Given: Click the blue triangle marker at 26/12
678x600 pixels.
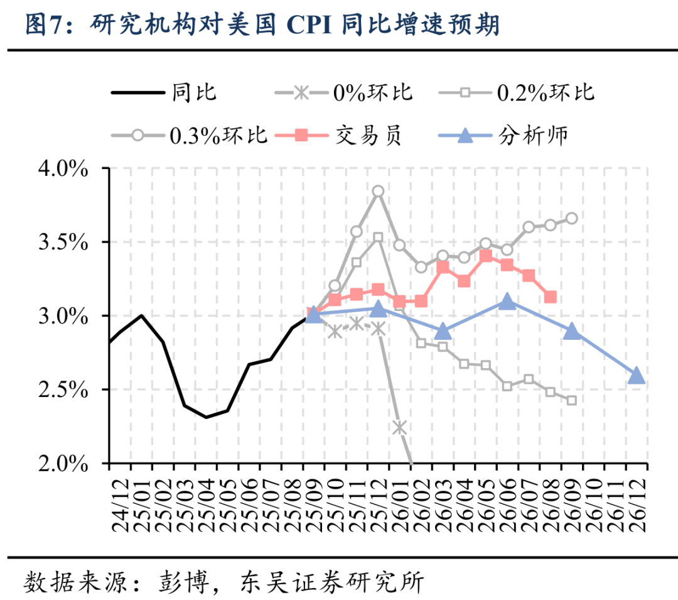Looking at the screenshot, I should coord(636,376).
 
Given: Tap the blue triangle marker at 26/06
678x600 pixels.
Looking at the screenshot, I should coord(507,302).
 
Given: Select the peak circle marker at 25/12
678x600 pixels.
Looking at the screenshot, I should coord(378,191).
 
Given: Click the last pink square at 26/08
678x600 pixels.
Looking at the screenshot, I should coord(550,297).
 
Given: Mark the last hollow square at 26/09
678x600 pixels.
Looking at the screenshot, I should coord(571,400).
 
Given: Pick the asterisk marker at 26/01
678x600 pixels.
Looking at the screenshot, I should coord(399,427).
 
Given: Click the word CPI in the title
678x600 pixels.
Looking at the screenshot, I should coord(310,25).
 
